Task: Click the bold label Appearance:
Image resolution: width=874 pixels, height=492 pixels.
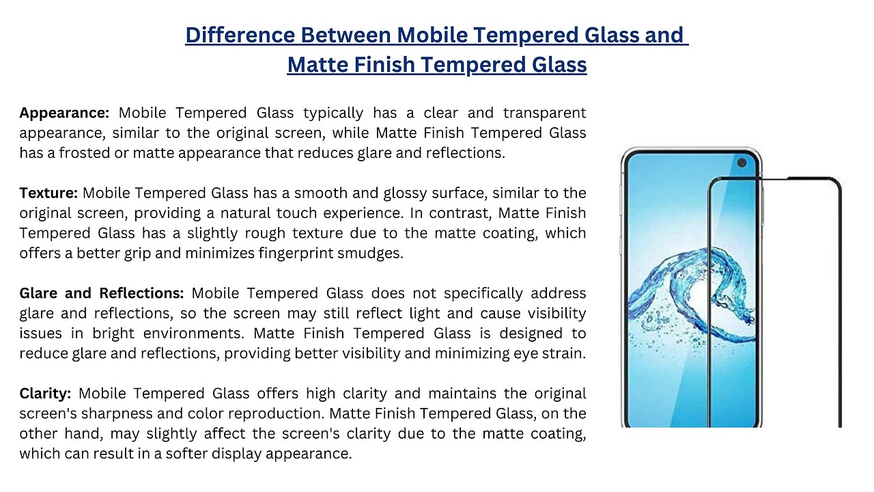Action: click(64, 113)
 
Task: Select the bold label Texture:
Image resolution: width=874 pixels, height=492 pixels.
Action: click(48, 193)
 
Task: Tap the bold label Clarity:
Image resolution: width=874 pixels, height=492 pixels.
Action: click(45, 394)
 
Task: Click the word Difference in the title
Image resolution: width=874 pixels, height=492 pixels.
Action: click(240, 35)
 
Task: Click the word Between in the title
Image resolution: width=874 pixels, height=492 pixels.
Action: click(346, 35)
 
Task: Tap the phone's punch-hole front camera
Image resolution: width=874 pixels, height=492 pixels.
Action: click(742, 163)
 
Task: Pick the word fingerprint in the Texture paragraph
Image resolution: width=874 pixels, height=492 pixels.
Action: click(296, 254)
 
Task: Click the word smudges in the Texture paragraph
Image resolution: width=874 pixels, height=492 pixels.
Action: click(370, 254)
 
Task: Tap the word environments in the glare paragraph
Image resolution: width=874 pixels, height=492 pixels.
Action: click(193, 333)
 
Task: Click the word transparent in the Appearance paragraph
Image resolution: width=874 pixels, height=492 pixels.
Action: click(545, 113)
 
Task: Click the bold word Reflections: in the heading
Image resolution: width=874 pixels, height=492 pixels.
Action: click(141, 293)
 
